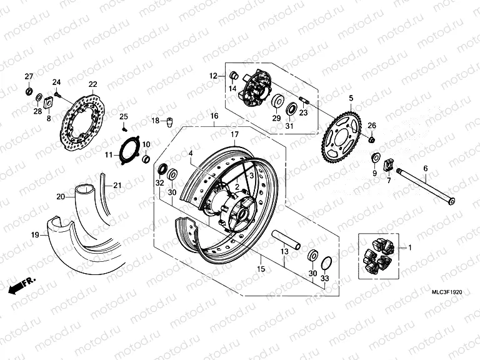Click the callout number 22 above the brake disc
92,84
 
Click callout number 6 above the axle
426,168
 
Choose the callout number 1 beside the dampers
410,248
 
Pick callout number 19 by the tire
36,235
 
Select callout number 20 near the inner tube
61,196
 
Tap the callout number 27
28,77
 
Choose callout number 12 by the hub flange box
213,76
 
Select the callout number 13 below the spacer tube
284,252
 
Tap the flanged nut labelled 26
371,139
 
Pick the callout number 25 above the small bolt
123,117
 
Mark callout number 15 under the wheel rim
260,269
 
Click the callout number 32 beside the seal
159,183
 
